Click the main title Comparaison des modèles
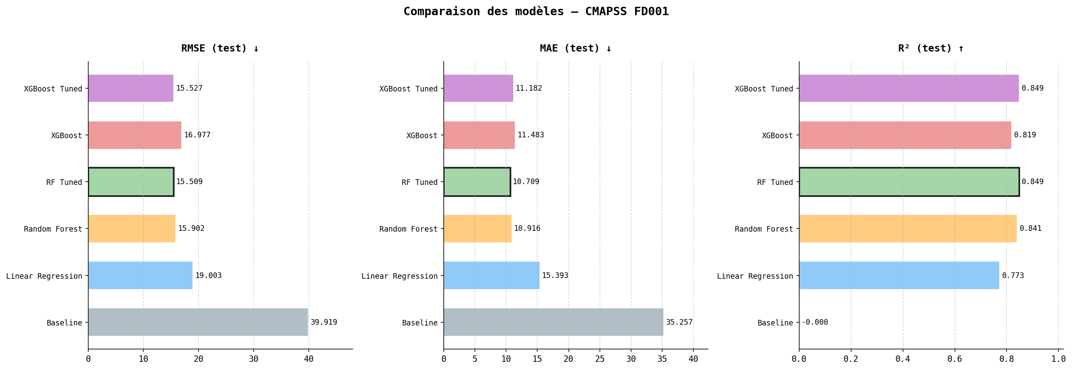coord(536,12)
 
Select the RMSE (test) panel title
coord(220,48)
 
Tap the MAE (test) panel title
coord(576,48)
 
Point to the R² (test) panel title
coord(931,48)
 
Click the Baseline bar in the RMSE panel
coord(198,322)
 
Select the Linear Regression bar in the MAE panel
coord(492,276)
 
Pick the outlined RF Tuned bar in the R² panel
coord(909,182)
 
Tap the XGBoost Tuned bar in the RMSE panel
coord(131,88)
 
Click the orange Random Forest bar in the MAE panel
coord(477,228)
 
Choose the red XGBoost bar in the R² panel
coord(905,135)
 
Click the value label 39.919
coord(324,322)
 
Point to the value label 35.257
coord(679,322)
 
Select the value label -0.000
coord(815,322)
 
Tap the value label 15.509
coord(189,182)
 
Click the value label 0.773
coord(1013,276)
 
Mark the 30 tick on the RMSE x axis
coord(254,359)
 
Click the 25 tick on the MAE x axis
coord(600,359)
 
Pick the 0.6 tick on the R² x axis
coord(955,359)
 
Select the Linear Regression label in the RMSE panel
coord(44,276)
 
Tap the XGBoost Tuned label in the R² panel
coord(764,89)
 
